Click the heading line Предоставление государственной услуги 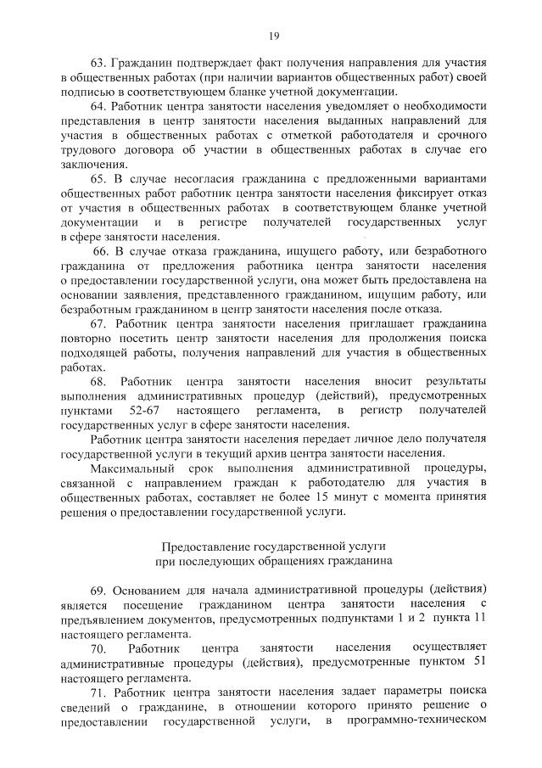point(273,547)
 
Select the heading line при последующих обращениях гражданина point(273,561)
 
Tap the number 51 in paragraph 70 point(475,663)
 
